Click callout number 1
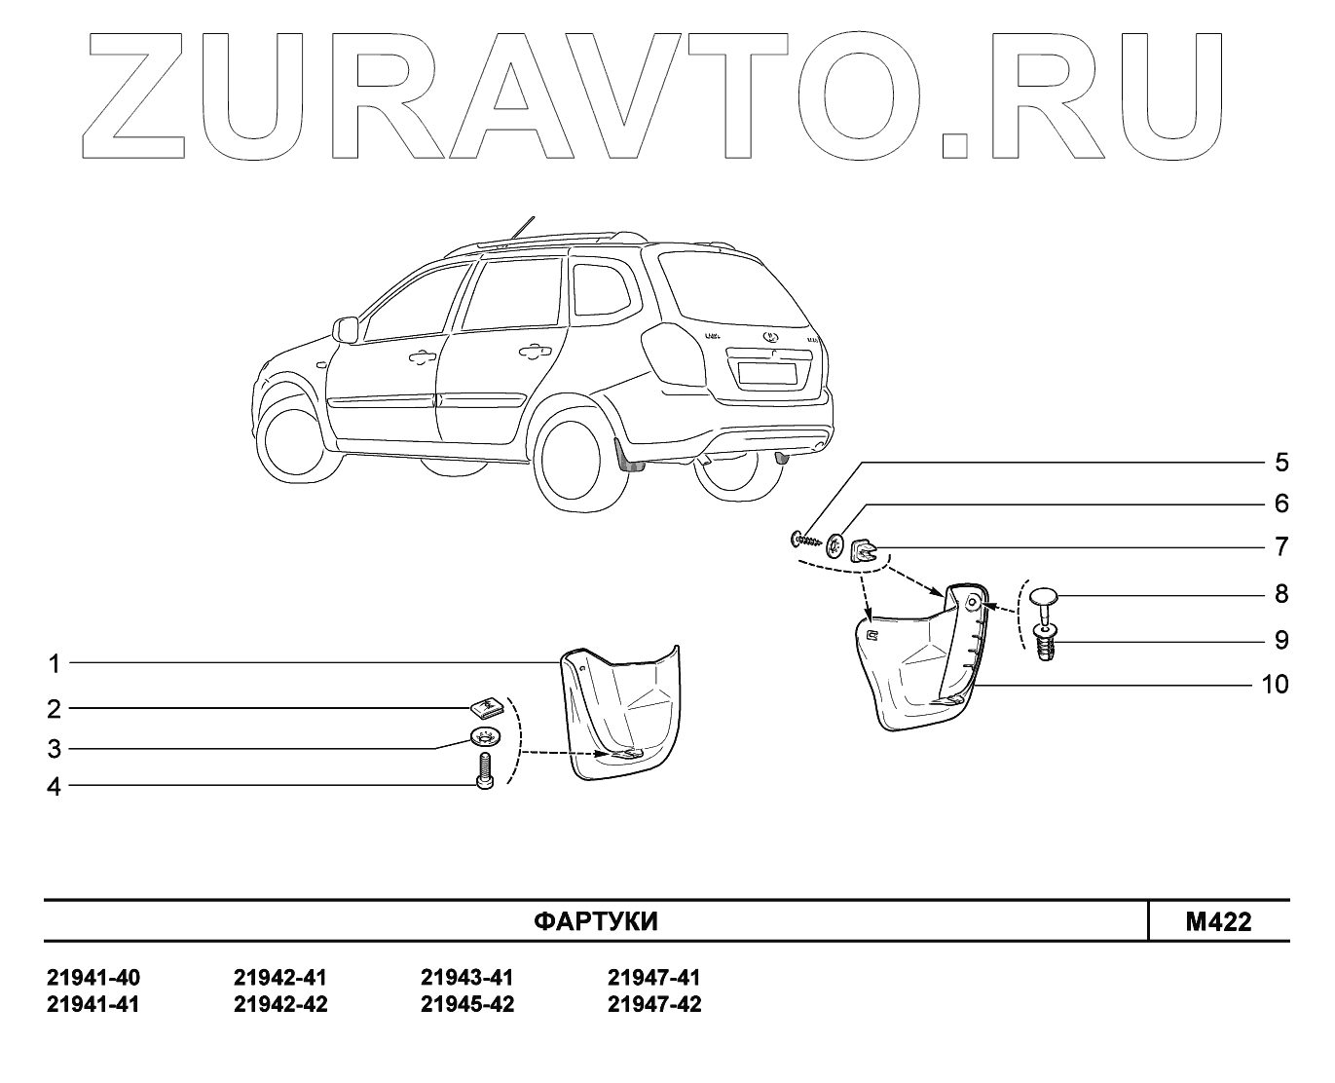[x=55, y=664]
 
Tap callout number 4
[x=55, y=787]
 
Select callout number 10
[x=1274, y=685]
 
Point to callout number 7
[x=1281, y=546]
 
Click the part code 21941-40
[x=93, y=978]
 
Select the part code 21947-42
[x=654, y=1004]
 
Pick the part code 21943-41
[x=467, y=978]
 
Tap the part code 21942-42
[x=280, y=1004]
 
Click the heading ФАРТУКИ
[x=596, y=921]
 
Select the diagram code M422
[x=1218, y=921]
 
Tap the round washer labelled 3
[x=484, y=735]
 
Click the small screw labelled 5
[x=806, y=538]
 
